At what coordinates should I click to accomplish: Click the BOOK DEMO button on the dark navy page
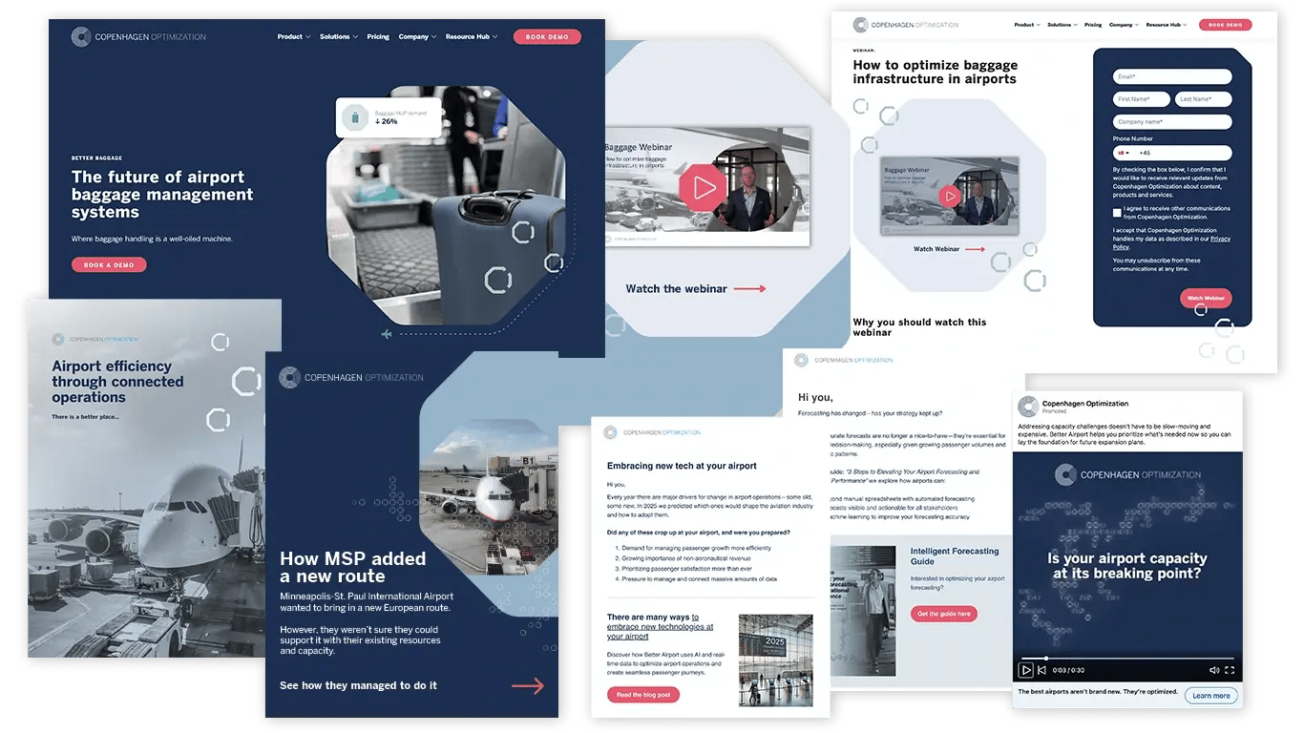pyautogui.click(x=547, y=37)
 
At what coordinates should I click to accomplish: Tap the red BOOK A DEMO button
pyautogui.click(x=109, y=264)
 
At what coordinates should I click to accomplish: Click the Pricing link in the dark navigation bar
pyautogui.click(x=378, y=37)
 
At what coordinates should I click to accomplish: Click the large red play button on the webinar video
pyautogui.click(x=704, y=187)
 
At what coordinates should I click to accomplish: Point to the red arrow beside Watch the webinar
pyautogui.click(x=749, y=288)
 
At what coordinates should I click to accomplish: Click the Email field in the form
pyautogui.click(x=1172, y=76)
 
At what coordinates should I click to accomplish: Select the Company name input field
pyautogui.click(x=1172, y=122)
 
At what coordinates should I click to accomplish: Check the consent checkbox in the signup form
pyautogui.click(x=1117, y=213)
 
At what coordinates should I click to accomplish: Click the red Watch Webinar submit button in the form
pyautogui.click(x=1205, y=298)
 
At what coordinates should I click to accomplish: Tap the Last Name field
pyautogui.click(x=1203, y=99)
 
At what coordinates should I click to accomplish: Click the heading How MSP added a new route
pyautogui.click(x=352, y=567)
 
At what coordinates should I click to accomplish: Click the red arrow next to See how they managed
pyautogui.click(x=528, y=685)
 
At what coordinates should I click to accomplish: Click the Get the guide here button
pyautogui.click(x=943, y=614)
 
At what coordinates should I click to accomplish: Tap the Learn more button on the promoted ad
pyautogui.click(x=1210, y=696)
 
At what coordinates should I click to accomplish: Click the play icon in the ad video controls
pyautogui.click(x=1025, y=670)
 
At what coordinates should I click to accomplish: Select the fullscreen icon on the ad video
pyautogui.click(x=1230, y=670)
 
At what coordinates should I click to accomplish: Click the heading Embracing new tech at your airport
pyautogui.click(x=682, y=466)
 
